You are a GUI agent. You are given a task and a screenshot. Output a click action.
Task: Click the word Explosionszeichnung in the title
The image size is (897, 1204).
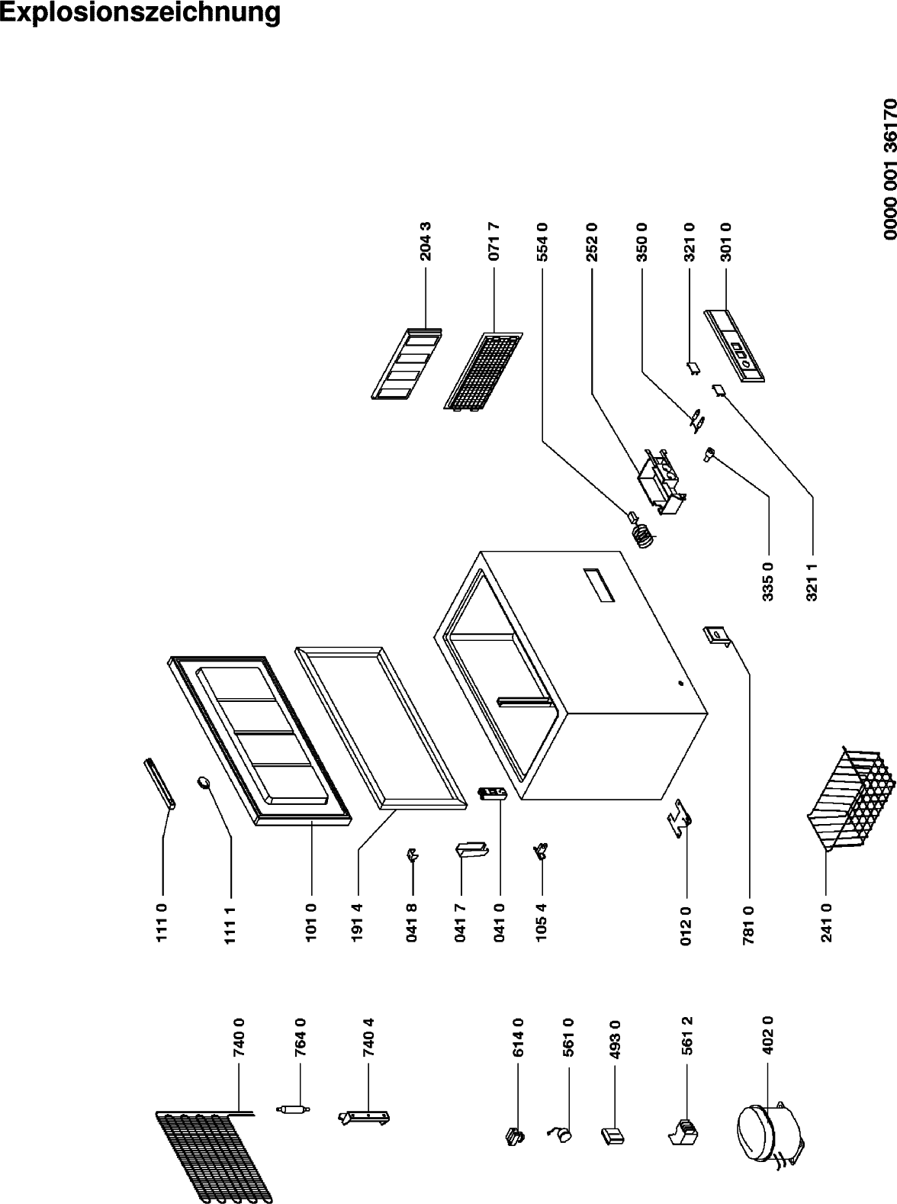pyautogui.click(x=140, y=13)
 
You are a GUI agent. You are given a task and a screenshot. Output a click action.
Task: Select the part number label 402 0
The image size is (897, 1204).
pyautogui.click(x=767, y=1035)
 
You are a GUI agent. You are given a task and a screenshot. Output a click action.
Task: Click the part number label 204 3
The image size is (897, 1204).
pyautogui.click(x=425, y=241)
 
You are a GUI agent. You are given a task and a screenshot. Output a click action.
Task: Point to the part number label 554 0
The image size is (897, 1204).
pyautogui.click(x=542, y=241)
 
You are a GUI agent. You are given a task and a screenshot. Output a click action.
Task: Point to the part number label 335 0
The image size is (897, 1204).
pyautogui.click(x=767, y=581)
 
